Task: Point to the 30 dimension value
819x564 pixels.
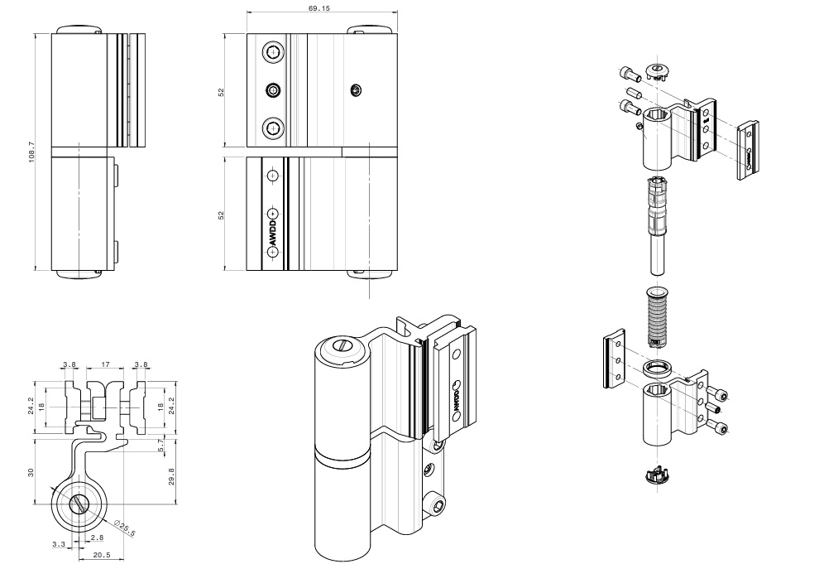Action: point(30,471)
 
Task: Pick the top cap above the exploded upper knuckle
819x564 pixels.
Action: point(658,70)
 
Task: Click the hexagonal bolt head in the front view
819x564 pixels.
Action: point(273,89)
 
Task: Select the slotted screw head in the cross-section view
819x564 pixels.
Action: point(79,504)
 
